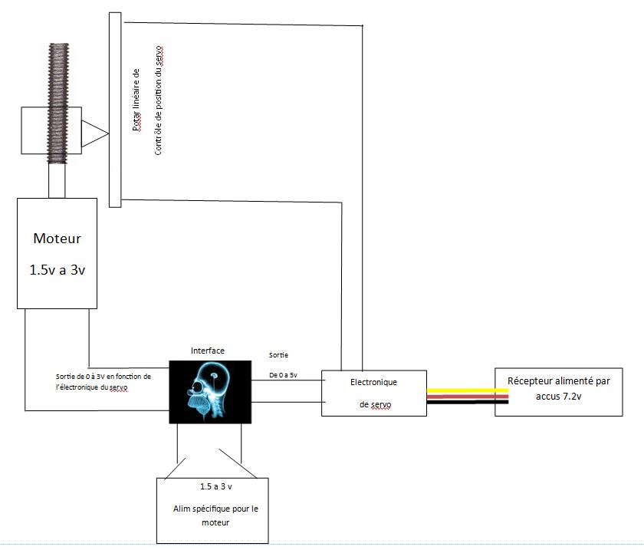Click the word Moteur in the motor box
click(x=57, y=239)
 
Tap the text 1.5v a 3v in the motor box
click(x=57, y=270)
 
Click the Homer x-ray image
click(x=210, y=392)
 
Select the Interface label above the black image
click(x=208, y=351)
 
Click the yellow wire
click(x=468, y=390)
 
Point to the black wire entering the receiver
click(x=468, y=402)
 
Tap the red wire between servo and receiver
click(x=468, y=397)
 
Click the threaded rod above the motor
click(x=58, y=104)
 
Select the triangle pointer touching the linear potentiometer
click(x=95, y=133)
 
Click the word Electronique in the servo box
click(x=374, y=382)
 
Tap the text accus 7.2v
click(x=559, y=397)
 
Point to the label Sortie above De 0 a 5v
click(x=278, y=354)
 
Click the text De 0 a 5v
click(x=283, y=375)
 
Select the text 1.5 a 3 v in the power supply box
click(x=215, y=486)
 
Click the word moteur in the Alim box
click(x=215, y=522)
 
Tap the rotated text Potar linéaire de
click(x=136, y=100)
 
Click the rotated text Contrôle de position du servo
click(x=159, y=100)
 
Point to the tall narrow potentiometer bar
click(x=115, y=110)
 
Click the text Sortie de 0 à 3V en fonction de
click(x=103, y=376)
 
